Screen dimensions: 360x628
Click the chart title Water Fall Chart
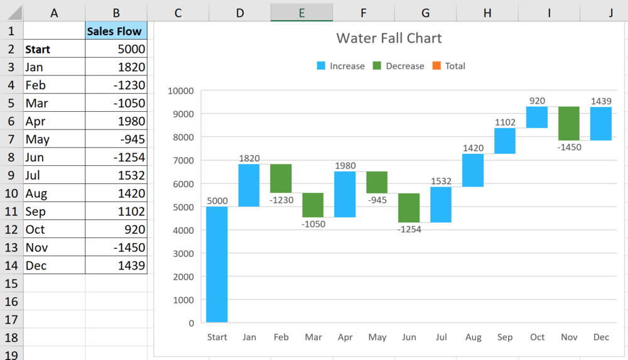(x=389, y=38)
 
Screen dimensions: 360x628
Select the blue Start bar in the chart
(x=217, y=264)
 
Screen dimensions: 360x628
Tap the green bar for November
(x=569, y=123)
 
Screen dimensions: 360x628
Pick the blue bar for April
(x=345, y=194)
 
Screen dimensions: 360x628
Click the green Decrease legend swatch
(x=377, y=66)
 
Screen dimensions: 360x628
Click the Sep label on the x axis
(x=505, y=337)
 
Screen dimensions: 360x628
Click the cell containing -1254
(x=117, y=157)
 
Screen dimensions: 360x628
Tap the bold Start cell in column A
(x=38, y=49)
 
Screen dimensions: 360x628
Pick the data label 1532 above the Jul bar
(x=441, y=181)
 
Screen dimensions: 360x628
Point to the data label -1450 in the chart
(x=569, y=148)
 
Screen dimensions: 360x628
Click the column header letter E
(x=302, y=12)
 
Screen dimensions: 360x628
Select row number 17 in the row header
(x=11, y=319)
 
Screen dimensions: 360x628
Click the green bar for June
(x=409, y=208)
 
